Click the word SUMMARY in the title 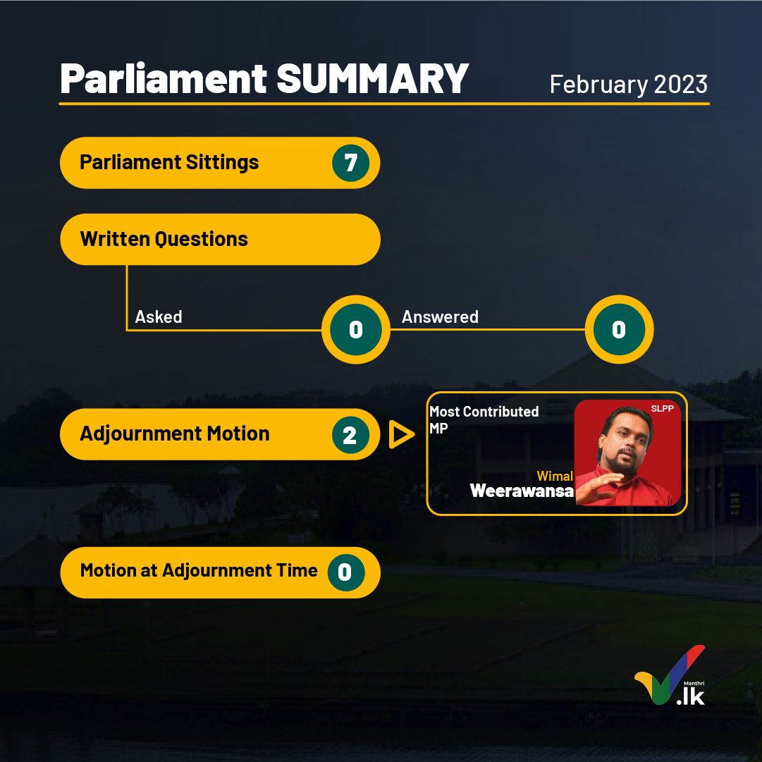pyautogui.click(x=372, y=78)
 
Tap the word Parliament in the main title pyautogui.click(x=164, y=78)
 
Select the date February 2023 pyautogui.click(x=628, y=85)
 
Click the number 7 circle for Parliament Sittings pyautogui.click(x=351, y=163)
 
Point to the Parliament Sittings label pyautogui.click(x=169, y=162)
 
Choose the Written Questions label pyautogui.click(x=164, y=239)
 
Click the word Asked pyautogui.click(x=159, y=317)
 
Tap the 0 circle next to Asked pyautogui.click(x=356, y=329)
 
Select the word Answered pyautogui.click(x=440, y=317)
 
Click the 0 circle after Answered pyautogui.click(x=619, y=329)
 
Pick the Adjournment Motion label pyautogui.click(x=174, y=434)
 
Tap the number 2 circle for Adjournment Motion pyautogui.click(x=351, y=435)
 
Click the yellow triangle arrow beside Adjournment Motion pyautogui.click(x=401, y=434)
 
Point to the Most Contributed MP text pyautogui.click(x=484, y=419)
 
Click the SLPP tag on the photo pyautogui.click(x=662, y=409)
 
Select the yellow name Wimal pyautogui.click(x=555, y=476)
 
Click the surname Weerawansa pyautogui.click(x=522, y=491)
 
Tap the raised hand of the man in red pyautogui.click(x=599, y=488)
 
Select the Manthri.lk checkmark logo pyautogui.click(x=670, y=675)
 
